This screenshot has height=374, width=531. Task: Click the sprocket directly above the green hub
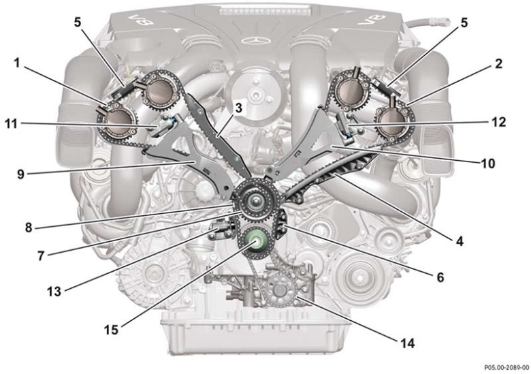pos(254,202)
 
